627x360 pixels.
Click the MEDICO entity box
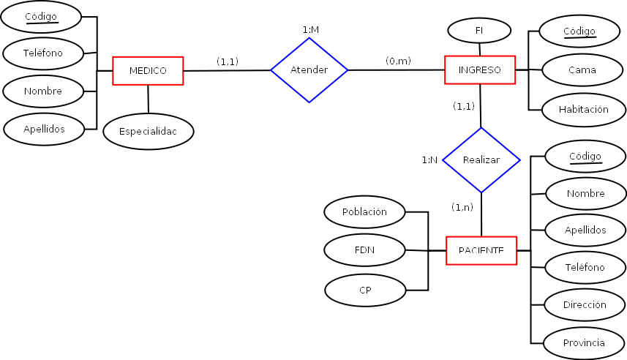[x=148, y=71]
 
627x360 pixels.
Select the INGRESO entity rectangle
[x=480, y=70]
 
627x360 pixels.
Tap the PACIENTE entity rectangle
[x=481, y=250]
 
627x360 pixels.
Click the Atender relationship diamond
[x=309, y=70]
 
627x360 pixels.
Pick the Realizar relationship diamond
[x=481, y=160]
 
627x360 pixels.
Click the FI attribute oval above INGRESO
[x=479, y=31]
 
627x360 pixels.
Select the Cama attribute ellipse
[x=582, y=70]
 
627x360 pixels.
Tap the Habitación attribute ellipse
[x=584, y=109]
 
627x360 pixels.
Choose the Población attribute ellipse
[x=364, y=212]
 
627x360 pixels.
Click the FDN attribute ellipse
[x=364, y=250]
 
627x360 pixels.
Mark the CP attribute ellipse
[x=365, y=290]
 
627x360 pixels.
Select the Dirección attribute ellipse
[x=585, y=304]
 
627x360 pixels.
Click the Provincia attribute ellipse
[x=584, y=343]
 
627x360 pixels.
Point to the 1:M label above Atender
[x=310, y=29]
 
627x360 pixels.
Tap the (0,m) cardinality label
[x=398, y=61]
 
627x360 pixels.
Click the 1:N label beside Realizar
[x=429, y=160]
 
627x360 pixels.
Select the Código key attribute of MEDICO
[x=41, y=16]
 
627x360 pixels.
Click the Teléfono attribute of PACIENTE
[x=585, y=267]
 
